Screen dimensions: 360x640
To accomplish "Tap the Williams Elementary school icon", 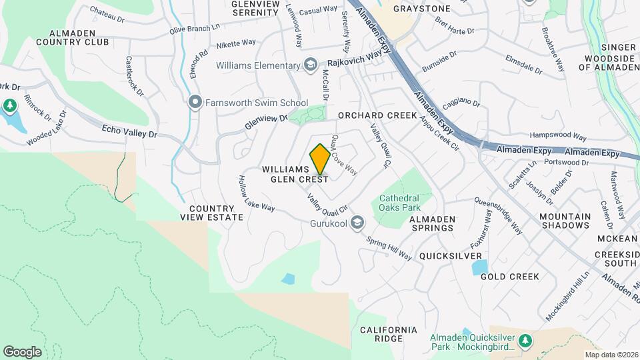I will pos(310,65).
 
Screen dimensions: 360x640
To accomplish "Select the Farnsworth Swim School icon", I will pos(195,102).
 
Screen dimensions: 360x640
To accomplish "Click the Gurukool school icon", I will pos(357,222).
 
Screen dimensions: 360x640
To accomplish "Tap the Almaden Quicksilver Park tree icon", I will pos(525,341).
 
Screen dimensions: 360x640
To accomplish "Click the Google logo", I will pos(22,352).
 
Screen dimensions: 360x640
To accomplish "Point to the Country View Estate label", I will pos(212,213).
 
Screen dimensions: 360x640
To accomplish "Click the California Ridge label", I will pos(389,335).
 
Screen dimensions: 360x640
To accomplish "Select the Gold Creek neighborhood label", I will pos(510,276).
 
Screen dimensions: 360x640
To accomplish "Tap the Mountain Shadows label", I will pos(565,221).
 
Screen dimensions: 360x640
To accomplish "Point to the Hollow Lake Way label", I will pos(257,194).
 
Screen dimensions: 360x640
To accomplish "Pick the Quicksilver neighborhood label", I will pos(451,256).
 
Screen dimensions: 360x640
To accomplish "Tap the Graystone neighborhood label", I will pos(422,9).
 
